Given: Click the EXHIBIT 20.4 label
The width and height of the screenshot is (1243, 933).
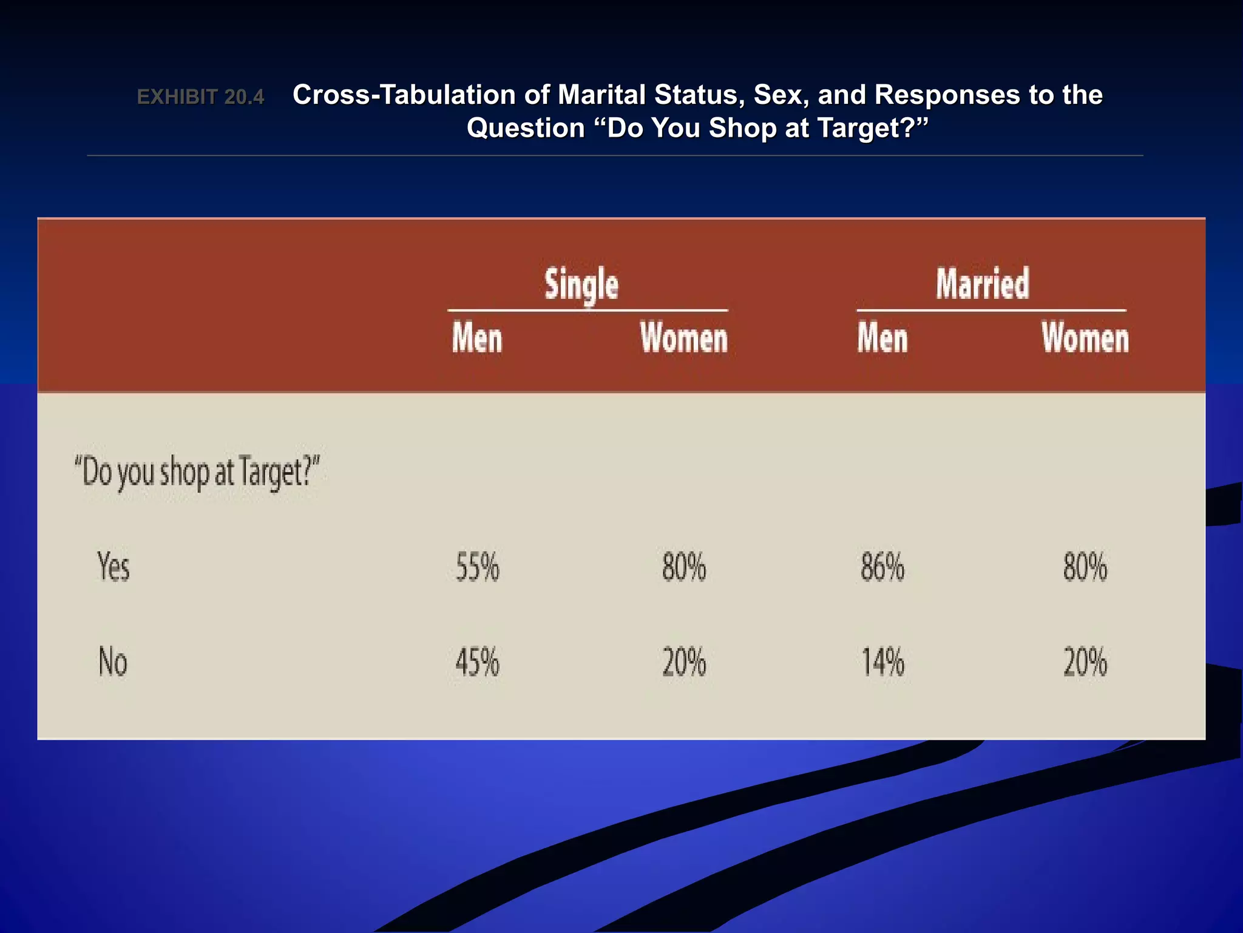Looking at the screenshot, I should click(200, 97).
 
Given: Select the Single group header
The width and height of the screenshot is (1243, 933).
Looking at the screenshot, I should click(581, 284).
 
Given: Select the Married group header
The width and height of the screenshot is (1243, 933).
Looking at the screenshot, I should click(982, 284).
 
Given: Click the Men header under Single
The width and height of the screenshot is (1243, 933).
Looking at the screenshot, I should click(477, 338).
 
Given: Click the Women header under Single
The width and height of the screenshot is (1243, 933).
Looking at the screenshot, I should click(683, 338).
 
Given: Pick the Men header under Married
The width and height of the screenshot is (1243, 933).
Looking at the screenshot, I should click(882, 338).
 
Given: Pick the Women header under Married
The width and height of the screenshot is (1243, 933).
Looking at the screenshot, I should click(1085, 338).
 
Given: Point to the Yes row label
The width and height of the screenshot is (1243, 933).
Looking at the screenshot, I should click(113, 567).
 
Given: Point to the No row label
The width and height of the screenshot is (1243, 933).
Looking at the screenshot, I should click(113, 661).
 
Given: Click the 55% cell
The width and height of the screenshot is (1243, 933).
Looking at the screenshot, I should click(478, 567).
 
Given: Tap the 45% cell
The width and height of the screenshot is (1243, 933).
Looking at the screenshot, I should click(478, 662).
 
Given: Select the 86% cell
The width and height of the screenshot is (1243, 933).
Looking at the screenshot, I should click(882, 567).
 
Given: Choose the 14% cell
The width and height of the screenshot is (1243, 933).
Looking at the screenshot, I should click(883, 662).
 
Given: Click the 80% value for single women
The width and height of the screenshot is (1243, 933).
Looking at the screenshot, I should click(684, 567).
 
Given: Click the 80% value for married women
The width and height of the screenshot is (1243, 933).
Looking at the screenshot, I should click(1085, 567).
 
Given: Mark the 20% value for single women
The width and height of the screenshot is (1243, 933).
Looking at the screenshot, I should click(684, 662).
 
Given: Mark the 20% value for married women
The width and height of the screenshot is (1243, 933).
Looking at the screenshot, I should click(1085, 662).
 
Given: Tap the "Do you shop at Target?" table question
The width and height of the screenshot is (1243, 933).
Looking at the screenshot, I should click(197, 472).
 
